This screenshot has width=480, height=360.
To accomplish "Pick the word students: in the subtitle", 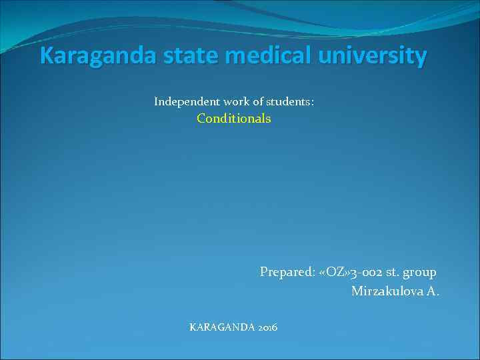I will tap(290, 102).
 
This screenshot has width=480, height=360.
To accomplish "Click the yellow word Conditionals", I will tap(234, 119).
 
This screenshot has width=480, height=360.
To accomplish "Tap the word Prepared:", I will tap(287, 272).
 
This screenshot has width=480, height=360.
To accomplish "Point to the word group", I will tap(421, 273).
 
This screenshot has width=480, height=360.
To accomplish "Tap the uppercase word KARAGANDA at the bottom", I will tap(219, 327).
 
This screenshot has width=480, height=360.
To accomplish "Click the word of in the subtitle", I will tap(258, 102).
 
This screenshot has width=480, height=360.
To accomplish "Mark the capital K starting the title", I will tap(46, 56).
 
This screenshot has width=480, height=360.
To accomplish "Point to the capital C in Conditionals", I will tap(201, 119).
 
